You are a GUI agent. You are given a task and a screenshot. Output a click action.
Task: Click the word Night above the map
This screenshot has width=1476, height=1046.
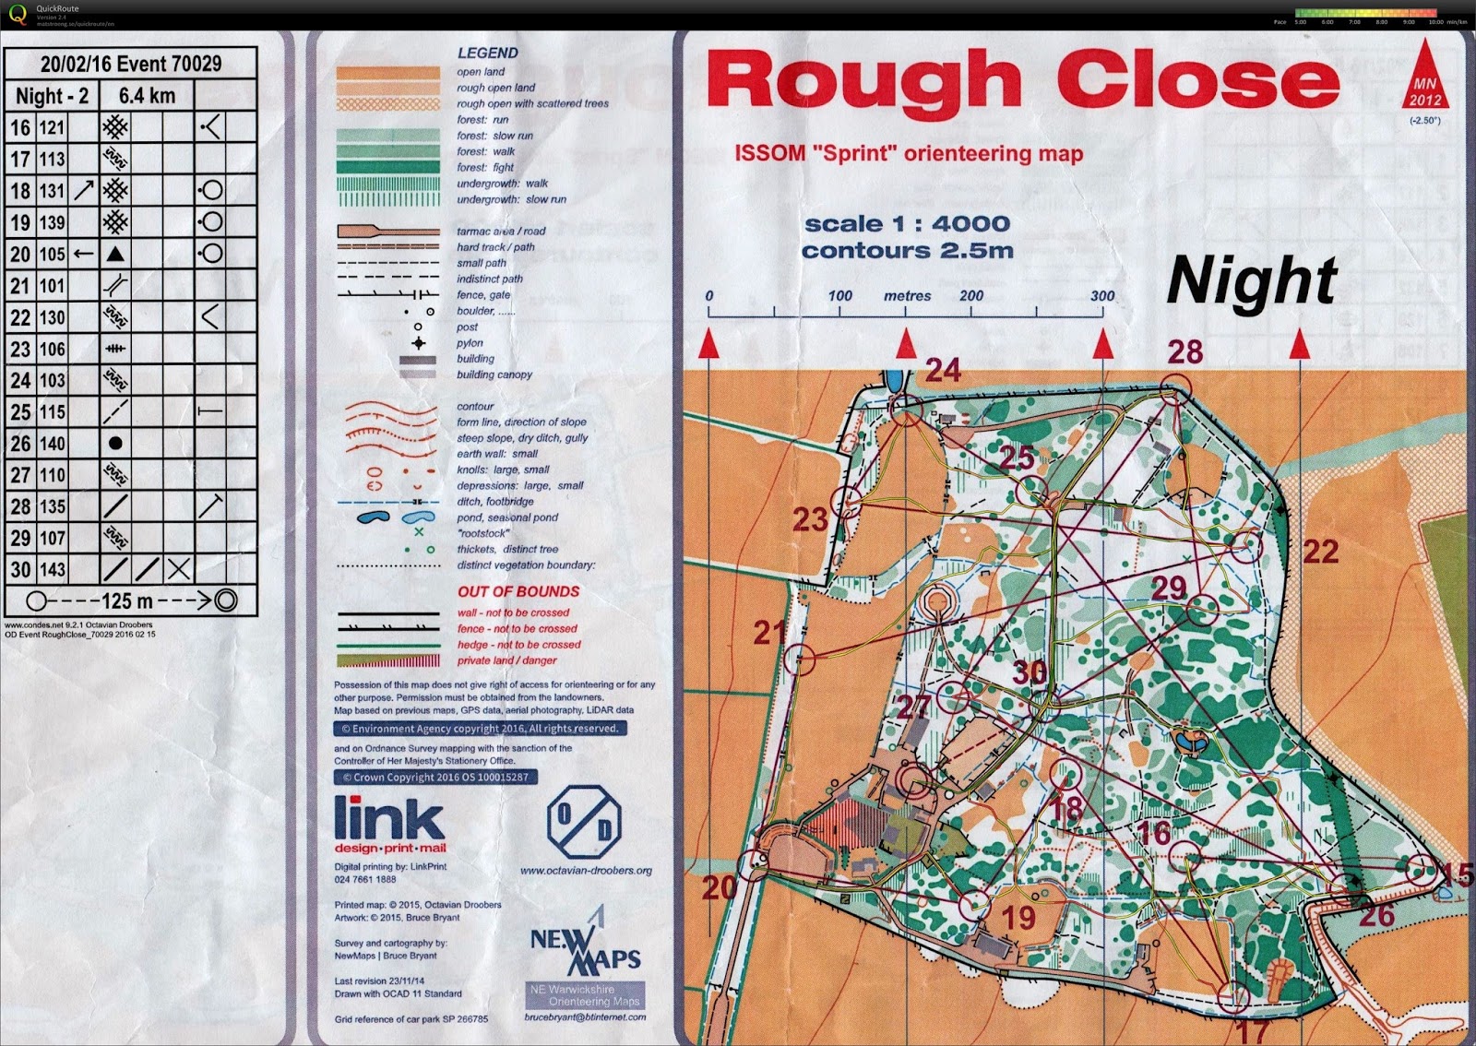pyautogui.click(x=1252, y=280)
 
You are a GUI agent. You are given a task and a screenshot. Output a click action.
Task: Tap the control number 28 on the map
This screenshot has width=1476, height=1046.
pyautogui.click(x=1185, y=351)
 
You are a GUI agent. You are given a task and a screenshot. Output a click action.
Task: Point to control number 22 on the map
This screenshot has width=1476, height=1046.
pyautogui.click(x=1320, y=552)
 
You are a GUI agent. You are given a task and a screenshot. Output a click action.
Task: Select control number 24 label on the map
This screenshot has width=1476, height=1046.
pyautogui.click(x=943, y=371)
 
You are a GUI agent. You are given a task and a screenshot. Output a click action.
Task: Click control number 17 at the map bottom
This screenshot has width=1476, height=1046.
pyautogui.click(x=1252, y=1030)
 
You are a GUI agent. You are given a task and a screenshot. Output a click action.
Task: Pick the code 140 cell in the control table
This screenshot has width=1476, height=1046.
pyautogui.click(x=52, y=444)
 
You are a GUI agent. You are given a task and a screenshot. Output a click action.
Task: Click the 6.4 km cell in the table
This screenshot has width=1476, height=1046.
pyautogui.click(x=147, y=96)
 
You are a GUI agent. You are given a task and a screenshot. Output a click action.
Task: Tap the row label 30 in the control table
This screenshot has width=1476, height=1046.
pyautogui.click(x=20, y=569)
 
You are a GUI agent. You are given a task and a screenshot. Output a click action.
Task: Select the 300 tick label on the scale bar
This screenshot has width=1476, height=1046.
pyautogui.click(x=1102, y=296)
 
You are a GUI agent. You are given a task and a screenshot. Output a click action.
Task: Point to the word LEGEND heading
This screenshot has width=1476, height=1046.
pyautogui.click(x=487, y=53)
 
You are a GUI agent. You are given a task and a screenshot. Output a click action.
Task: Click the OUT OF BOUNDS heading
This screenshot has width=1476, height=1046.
pyautogui.click(x=518, y=591)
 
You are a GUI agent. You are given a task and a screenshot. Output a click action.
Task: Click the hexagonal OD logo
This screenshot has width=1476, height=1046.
pyautogui.click(x=584, y=821)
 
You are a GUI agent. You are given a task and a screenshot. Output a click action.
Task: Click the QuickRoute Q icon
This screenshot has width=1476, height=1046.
pyautogui.click(x=18, y=15)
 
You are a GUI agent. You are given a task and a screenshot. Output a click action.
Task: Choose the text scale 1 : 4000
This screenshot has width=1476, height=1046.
pyautogui.click(x=907, y=224)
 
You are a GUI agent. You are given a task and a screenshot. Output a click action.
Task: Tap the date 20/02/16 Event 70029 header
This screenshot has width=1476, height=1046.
pyautogui.click(x=131, y=64)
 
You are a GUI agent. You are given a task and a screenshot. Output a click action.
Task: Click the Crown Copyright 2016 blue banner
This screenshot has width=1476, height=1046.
pyautogui.click(x=435, y=777)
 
